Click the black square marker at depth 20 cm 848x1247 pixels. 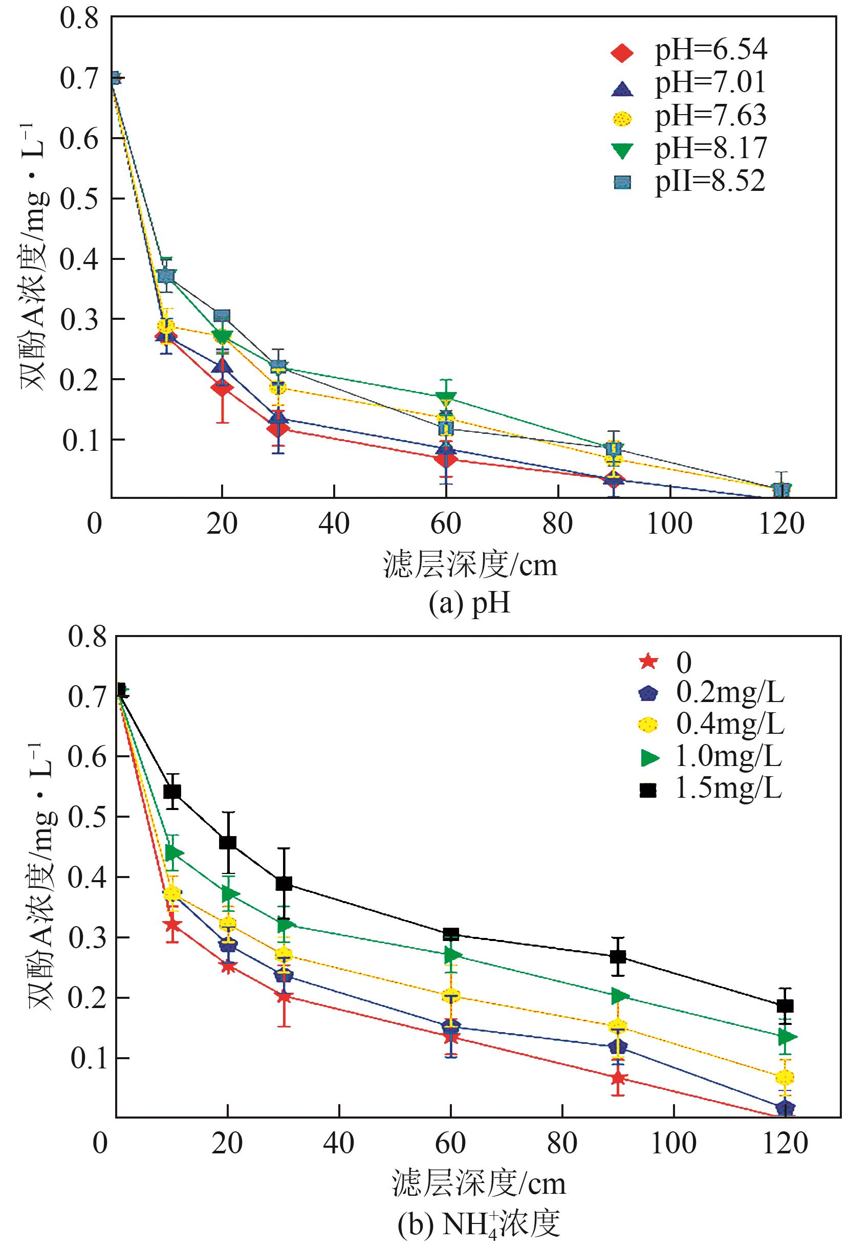(228, 842)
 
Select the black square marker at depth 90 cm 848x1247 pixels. (618, 957)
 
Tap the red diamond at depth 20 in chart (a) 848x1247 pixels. (222, 387)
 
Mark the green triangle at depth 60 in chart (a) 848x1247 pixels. (446, 398)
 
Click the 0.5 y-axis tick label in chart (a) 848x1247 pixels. (79, 199)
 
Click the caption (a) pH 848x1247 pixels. (469, 604)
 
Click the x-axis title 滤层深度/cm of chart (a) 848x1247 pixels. (471, 565)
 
